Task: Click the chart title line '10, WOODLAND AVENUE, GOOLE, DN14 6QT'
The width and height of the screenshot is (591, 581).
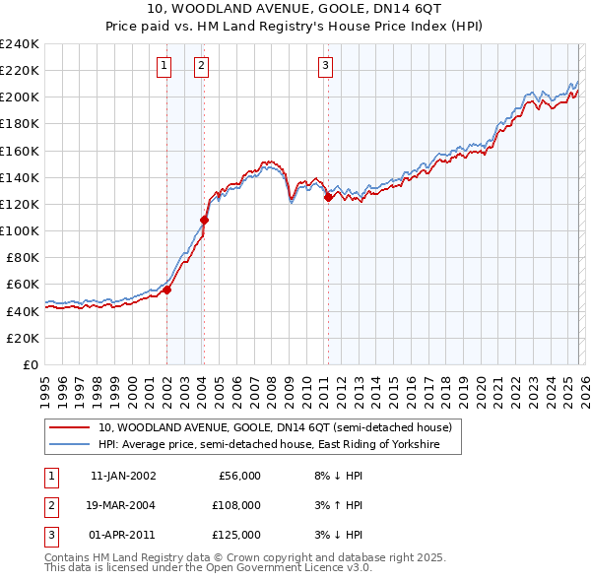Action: (295, 10)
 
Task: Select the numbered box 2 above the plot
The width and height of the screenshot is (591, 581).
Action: (200, 66)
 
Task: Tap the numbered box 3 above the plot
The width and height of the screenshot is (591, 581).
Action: (324, 66)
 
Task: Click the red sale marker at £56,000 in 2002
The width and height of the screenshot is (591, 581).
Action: (167, 290)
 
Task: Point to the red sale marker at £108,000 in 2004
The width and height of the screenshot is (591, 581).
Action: (205, 220)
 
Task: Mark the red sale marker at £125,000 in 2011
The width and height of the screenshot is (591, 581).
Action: (328, 197)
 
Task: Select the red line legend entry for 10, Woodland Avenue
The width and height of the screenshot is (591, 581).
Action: (275, 427)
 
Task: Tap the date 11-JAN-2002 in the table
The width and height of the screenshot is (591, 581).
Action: (122, 476)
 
